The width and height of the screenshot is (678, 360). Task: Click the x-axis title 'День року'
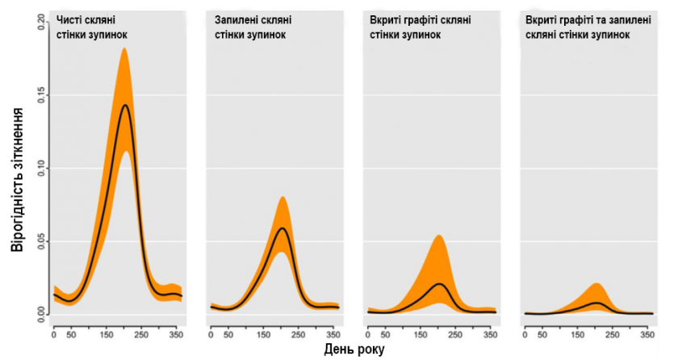tap(354, 350)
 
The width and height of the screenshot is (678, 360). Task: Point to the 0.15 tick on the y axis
tap(41, 96)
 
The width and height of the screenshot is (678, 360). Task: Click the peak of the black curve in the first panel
tap(125, 105)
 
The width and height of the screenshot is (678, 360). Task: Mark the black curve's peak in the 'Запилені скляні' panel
tap(282, 228)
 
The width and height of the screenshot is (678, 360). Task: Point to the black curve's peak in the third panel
tap(438, 284)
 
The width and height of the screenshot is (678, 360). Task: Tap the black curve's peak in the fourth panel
tap(596, 303)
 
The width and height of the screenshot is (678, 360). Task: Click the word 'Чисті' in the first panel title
tap(70, 19)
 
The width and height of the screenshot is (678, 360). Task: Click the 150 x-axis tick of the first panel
tap(107, 333)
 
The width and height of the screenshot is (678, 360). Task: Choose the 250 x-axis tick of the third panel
tap(455, 333)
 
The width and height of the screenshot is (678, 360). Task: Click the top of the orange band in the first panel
tap(125, 48)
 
